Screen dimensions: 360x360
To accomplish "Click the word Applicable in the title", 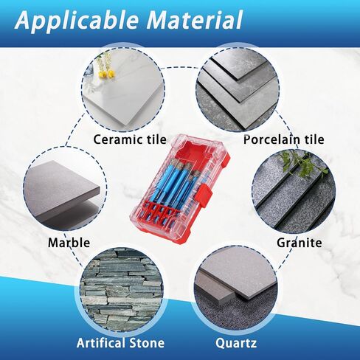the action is (x=77, y=21).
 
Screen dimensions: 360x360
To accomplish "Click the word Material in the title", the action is (x=195, y=20).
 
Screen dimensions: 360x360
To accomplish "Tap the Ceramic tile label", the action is (x=130, y=139).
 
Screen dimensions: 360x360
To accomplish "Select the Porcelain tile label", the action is (x=284, y=139).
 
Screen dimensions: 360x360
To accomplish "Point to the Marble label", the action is (x=69, y=243).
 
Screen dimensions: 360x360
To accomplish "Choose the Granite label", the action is (x=300, y=243).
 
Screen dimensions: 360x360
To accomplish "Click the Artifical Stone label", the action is (x=120, y=343).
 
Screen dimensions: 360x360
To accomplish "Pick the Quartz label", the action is (x=236, y=343).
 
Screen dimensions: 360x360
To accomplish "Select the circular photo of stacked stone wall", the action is (x=122, y=290).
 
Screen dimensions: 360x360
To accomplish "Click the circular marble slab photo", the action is (x=66, y=189).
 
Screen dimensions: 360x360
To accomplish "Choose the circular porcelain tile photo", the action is (x=238, y=88).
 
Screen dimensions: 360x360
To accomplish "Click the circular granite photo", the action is (x=294, y=191).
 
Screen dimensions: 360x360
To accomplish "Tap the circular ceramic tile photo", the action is (x=123, y=89).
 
